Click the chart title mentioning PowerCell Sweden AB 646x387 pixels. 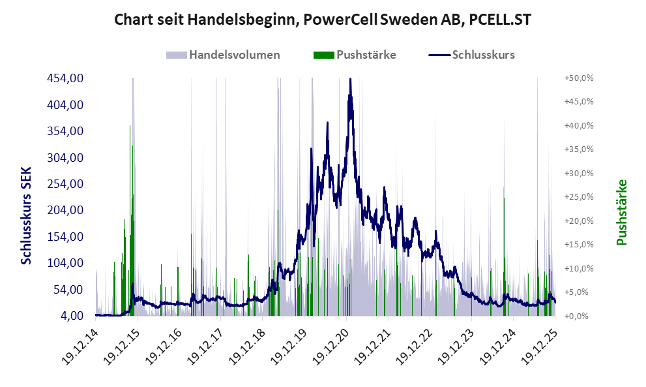click(x=323, y=20)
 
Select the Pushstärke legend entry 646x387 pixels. click(x=366, y=55)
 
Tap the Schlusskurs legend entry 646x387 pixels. click(x=483, y=55)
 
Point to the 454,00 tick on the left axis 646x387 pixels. click(x=65, y=78)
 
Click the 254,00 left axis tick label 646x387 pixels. click(x=65, y=184)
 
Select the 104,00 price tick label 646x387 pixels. click(x=65, y=263)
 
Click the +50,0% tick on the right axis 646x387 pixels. click(x=579, y=78)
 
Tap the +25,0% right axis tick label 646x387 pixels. click(x=579, y=197)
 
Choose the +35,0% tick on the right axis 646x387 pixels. click(x=579, y=149)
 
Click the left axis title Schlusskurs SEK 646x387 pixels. click(x=26, y=215)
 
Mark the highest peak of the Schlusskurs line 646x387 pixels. click(x=350, y=79)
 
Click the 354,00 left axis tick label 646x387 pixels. click(x=65, y=131)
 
